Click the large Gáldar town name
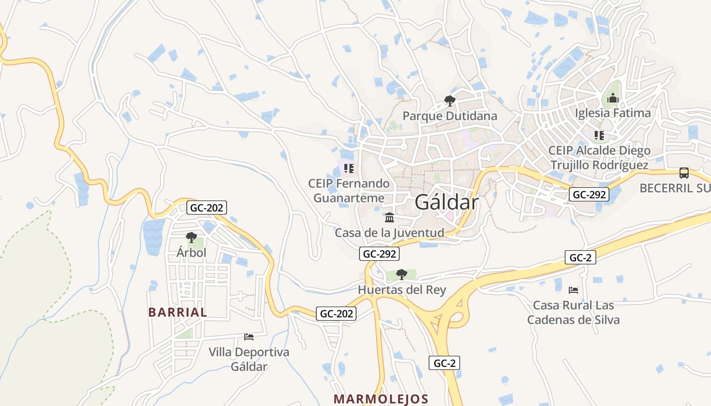tap(446, 202)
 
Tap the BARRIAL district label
tap(178, 312)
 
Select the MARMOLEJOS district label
tap(381, 399)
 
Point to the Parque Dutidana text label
tap(449, 116)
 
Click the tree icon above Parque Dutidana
tap(449, 100)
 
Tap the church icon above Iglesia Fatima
tap(613, 97)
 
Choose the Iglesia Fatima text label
tap(613, 113)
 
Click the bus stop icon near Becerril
tap(684, 173)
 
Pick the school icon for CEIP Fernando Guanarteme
tap(348, 168)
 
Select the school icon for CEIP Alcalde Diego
tap(599, 135)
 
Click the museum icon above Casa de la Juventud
tap(390, 217)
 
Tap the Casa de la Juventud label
tap(389, 233)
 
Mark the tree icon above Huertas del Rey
tap(401, 275)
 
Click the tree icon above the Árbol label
tap(191, 237)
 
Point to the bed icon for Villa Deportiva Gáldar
tap(249, 336)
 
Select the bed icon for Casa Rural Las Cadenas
tap(573, 290)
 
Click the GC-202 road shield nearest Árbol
tap(207, 208)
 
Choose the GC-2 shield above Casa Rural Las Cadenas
tap(580, 257)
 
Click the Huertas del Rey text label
tap(402, 290)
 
